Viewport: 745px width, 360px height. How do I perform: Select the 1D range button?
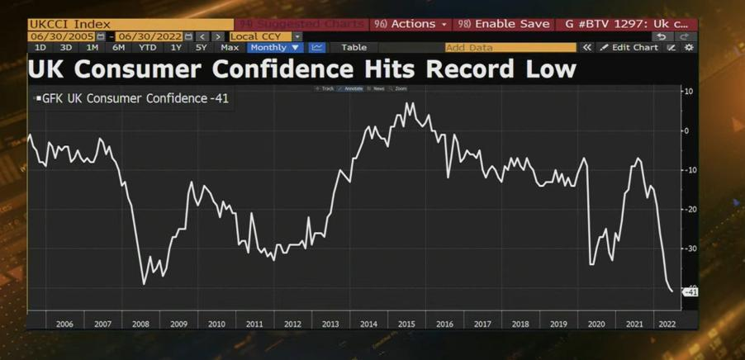pos(40,48)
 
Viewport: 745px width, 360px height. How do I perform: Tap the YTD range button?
pos(147,48)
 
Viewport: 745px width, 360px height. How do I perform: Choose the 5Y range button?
pos(201,48)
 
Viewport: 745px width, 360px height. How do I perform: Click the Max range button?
pos(230,48)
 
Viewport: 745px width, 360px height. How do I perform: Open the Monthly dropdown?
pos(276,48)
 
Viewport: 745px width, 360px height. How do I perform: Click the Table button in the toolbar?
pos(354,48)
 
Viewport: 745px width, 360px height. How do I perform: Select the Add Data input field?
pos(510,48)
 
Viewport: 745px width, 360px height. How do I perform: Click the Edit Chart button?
pos(629,48)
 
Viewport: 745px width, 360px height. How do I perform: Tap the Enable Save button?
pos(505,24)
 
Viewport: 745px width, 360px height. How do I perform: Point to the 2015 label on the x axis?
pos(406,324)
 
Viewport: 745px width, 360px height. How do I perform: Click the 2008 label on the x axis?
pos(140,324)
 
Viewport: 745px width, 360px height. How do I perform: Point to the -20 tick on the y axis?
pos(686,210)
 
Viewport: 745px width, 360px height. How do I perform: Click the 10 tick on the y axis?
pos(687,91)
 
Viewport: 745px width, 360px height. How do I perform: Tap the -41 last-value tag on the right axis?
pos(690,292)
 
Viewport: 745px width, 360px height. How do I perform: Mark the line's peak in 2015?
pos(407,103)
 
